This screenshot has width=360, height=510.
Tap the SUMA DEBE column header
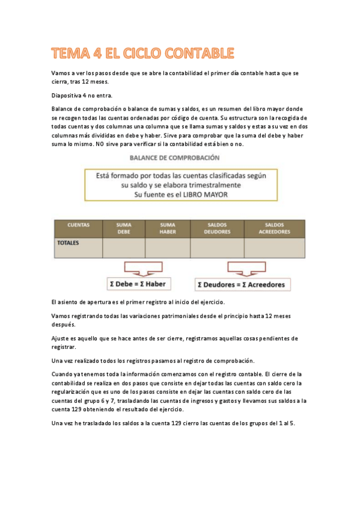click(x=124, y=228)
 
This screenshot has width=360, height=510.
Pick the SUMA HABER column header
click(x=168, y=228)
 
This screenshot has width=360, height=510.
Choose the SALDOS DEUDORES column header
click(x=217, y=228)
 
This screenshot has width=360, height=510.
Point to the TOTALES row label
click(x=67, y=244)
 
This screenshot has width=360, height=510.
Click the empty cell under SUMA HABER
click(x=168, y=248)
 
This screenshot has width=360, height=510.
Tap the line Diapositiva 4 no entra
click(x=82, y=96)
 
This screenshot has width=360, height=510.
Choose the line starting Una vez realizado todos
click(x=153, y=361)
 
